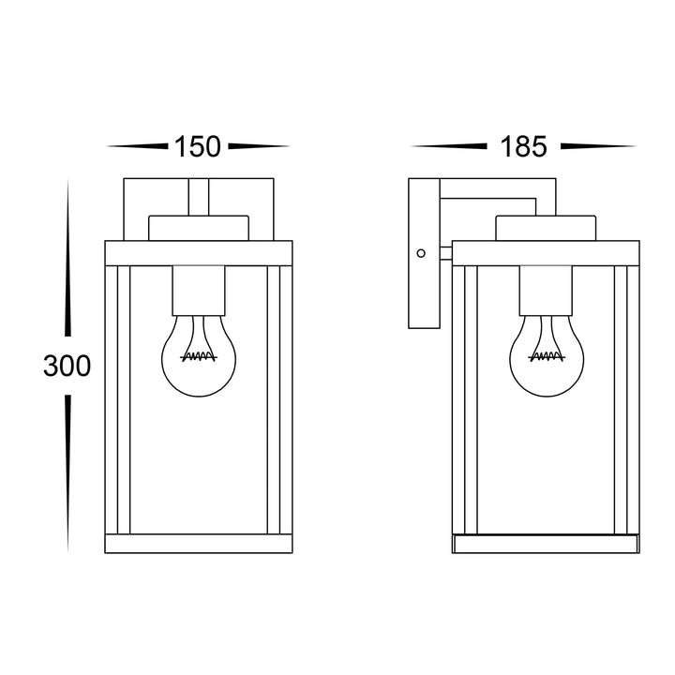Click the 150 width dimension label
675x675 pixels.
pyautogui.click(x=198, y=146)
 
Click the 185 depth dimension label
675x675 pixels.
pyautogui.click(x=523, y=146)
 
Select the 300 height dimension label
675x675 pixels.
pyautogui.click(x=67, y=366)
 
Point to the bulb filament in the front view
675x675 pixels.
pyautogui.click(x=199, y=355)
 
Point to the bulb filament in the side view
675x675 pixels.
pyautogui.click(x=547, y=355)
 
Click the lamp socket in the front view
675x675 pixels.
pyautogui.click(x=199, y=291)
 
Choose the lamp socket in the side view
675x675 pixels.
pyautogui.click(x=546, y=291)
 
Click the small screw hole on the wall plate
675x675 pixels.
pyautogui.click(x=421, y=253)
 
